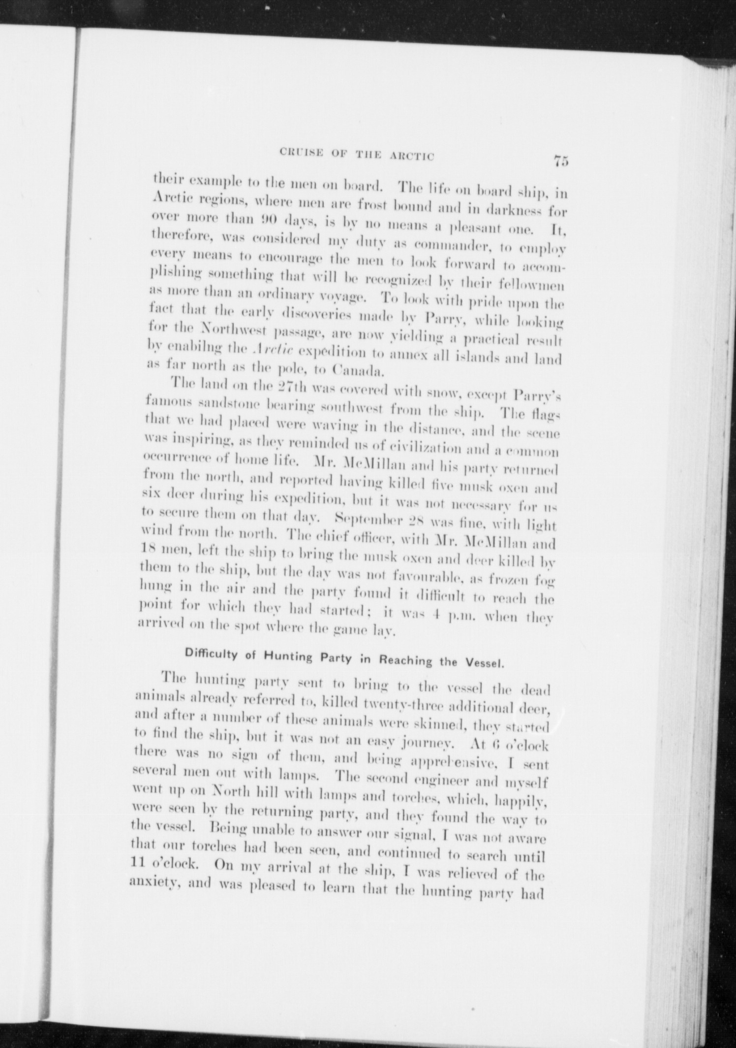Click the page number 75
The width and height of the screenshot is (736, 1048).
point(560,161)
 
